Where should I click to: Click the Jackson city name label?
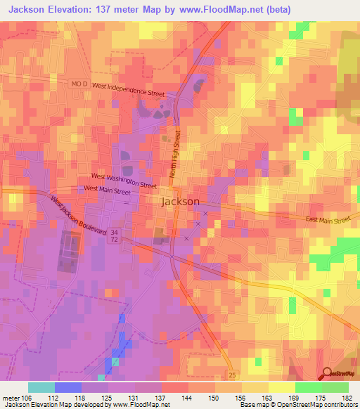pyautogui.click(x=181, y=201)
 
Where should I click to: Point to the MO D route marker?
pyautogui.click(x=79, y=84)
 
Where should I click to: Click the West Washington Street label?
pyautogui.click(x=124, y=180)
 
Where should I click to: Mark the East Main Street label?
pyautogui.click(x=328, y=220)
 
